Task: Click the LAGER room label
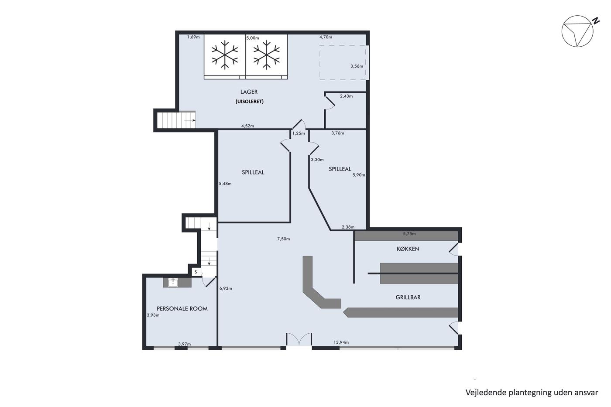249,92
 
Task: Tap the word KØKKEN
408,249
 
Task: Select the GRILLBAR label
408,298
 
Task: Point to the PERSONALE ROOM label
182,308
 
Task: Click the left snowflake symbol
225,55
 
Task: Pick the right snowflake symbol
267,55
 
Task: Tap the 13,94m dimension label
341,342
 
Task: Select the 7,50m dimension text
283,239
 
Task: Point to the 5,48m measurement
225,184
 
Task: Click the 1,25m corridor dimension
299,133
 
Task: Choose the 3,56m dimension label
357,66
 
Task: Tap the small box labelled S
196,272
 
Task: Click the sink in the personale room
173,283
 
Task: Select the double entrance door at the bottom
299,339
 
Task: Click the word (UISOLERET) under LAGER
250,101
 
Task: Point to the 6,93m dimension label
226,288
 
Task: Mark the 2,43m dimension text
346,96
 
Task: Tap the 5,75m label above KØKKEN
409,234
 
